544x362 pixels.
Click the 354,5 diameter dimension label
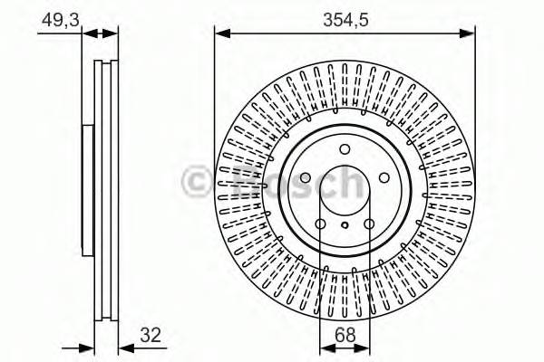(x=345, y=18)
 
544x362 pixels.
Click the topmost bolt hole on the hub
(x=345, y=150)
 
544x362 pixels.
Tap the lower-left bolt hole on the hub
(x=320, y=225)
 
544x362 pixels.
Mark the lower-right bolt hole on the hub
(x=369, y=225)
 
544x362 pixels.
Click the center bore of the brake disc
(x=345, y=195)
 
